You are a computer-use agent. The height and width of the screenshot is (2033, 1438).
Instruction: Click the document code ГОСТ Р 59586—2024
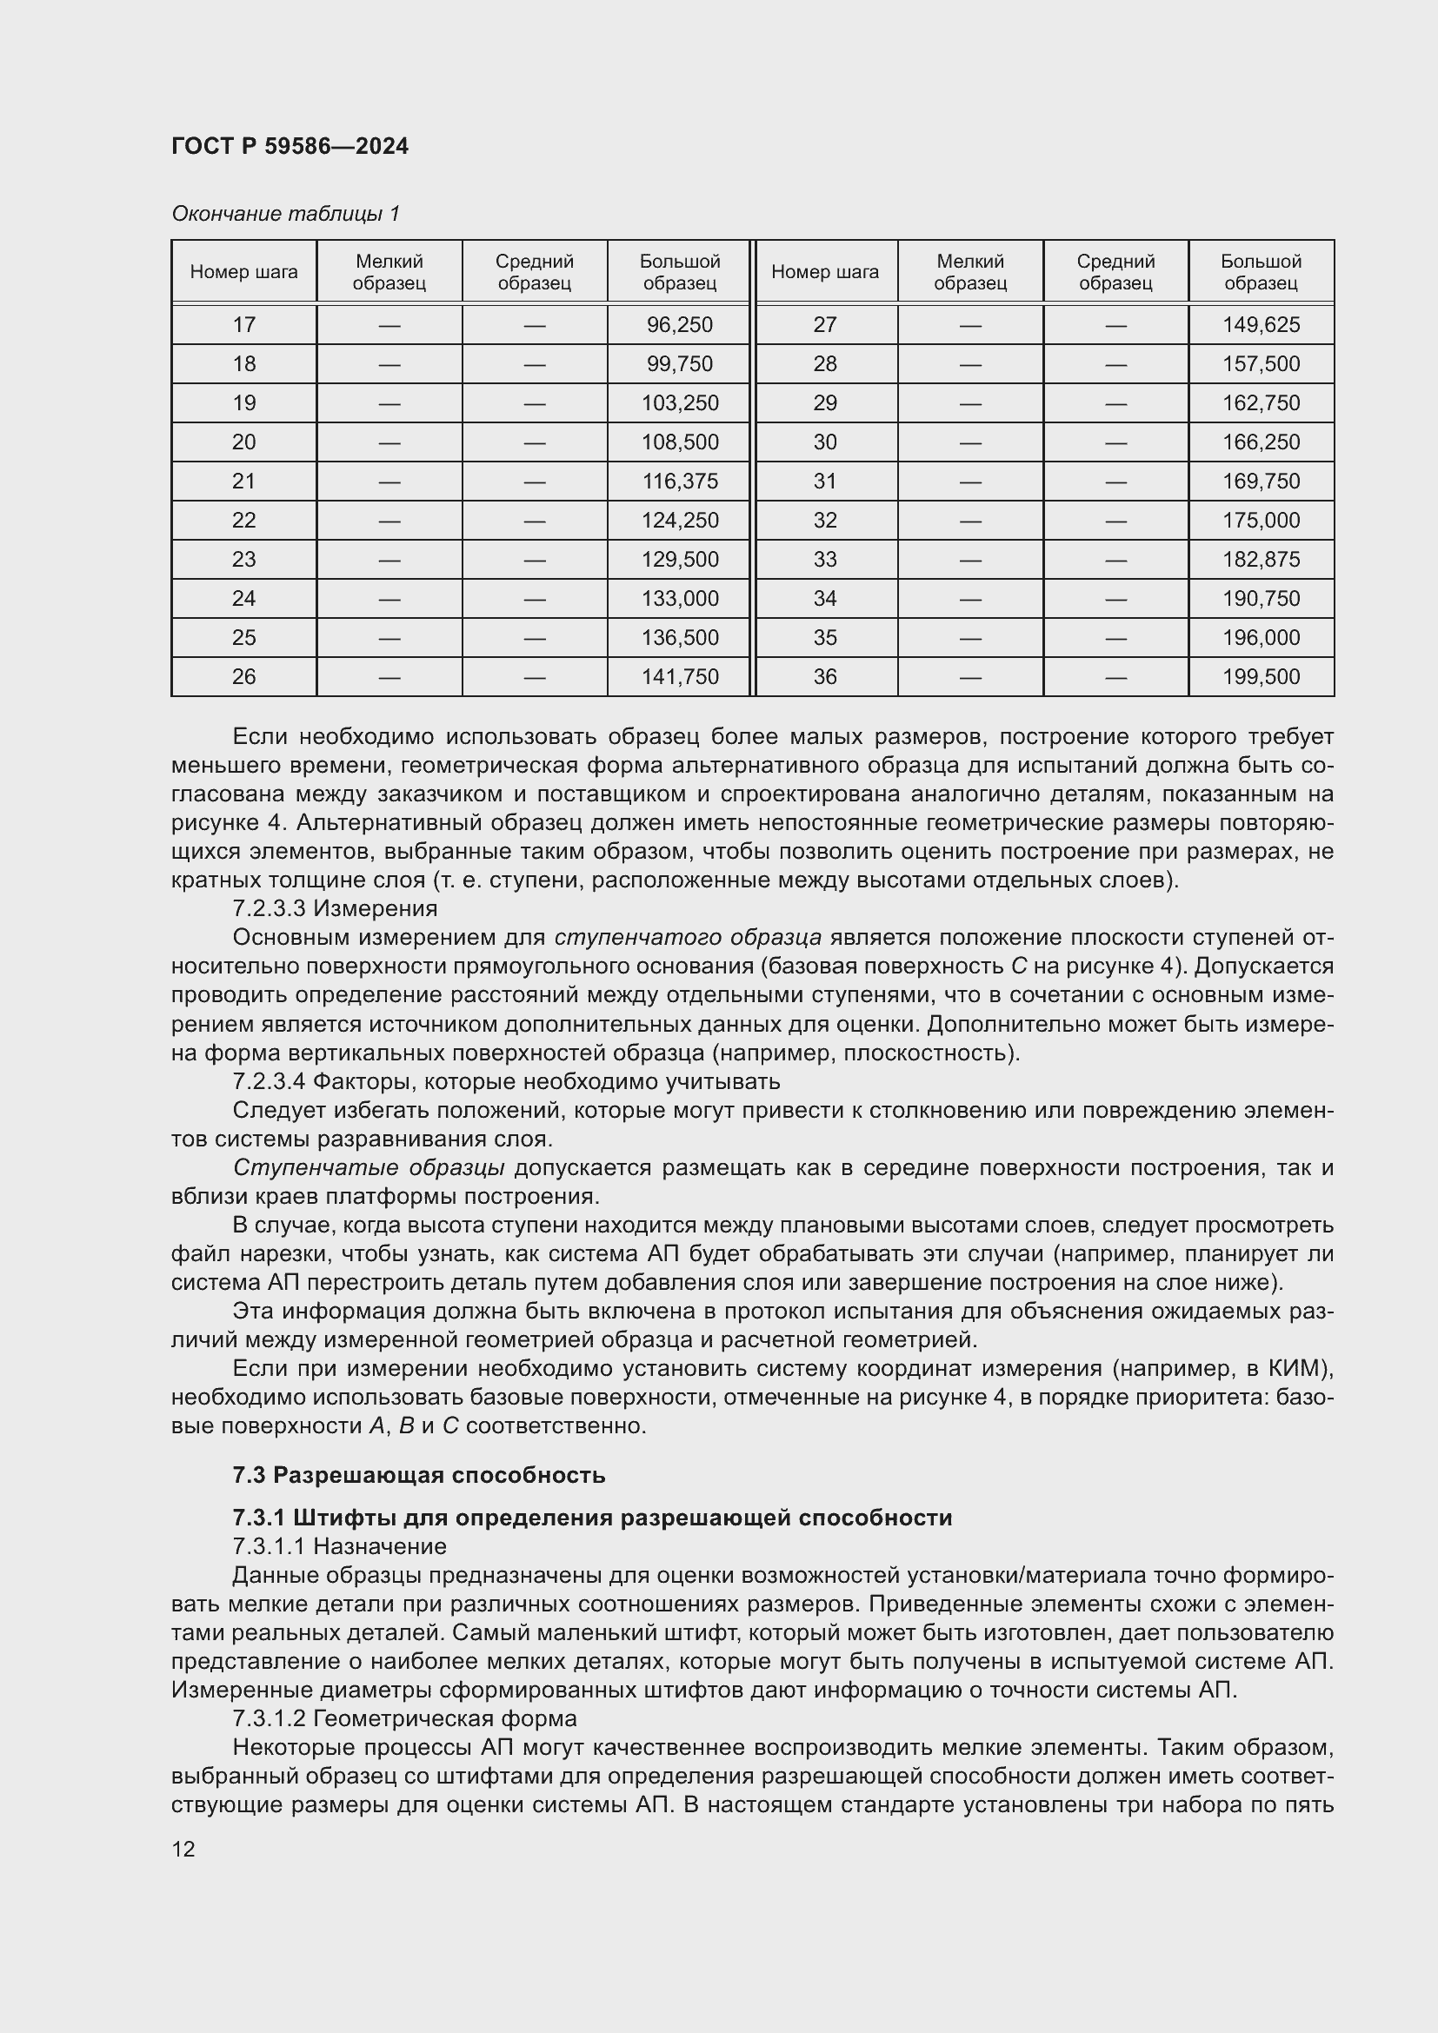point(290,146)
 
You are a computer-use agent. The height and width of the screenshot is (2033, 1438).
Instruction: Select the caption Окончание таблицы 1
point(285,214)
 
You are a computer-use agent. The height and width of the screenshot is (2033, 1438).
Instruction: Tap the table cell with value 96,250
point(679,325)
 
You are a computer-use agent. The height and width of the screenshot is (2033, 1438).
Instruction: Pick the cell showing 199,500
point(1261,676)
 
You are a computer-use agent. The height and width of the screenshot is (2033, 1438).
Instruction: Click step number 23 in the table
point(243,560)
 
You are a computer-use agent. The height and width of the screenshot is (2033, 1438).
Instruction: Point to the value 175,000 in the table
point(1261,521)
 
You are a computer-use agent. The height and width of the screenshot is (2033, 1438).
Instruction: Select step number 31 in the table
point(824,482)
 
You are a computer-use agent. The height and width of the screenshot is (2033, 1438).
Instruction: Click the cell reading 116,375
point(679,482)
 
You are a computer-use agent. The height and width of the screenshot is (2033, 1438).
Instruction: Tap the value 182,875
point(1261,560)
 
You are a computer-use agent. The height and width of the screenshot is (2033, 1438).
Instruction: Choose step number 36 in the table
point(824,676)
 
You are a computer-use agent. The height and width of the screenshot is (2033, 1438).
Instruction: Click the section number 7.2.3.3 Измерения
point(335,908)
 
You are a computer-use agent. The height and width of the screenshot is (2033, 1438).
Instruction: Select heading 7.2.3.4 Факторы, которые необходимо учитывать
point(506,1081)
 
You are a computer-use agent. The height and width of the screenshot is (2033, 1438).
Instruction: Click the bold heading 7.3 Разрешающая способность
point(419,1475)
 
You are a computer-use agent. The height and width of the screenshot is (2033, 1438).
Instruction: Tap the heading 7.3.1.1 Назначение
point(339,1546)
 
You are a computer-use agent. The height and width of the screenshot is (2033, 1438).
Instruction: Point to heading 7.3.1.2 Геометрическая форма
point(403,1718)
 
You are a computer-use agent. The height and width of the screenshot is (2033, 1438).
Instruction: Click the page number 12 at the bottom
point(183,1849)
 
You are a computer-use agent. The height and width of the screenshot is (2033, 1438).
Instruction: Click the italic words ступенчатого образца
point(688,937)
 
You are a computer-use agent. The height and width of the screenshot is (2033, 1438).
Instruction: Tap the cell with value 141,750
point(679,676)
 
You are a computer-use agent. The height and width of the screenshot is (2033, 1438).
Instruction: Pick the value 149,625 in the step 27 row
point(1261,325)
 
